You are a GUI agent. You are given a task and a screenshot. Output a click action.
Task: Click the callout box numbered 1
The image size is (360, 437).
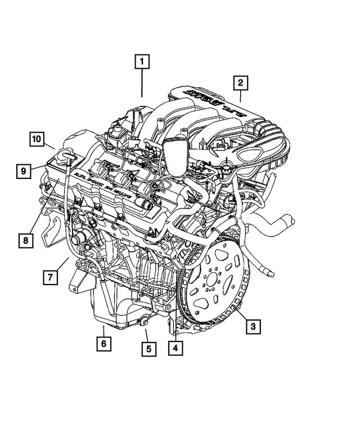[x=142, y=60]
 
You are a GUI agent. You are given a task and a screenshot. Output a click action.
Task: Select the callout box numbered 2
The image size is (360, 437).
[x=240, y=83]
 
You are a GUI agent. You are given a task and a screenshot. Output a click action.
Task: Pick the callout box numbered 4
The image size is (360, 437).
[x=175, y=348]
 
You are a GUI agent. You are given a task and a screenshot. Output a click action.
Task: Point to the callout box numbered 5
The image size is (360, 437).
[x=148, y=349]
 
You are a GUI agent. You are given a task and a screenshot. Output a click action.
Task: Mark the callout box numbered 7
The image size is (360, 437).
[x=50, y=277]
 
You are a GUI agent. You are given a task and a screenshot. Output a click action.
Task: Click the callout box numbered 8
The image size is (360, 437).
[x=25, y=241]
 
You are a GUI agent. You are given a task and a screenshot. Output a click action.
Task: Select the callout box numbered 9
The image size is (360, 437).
[x=24, y=169]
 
